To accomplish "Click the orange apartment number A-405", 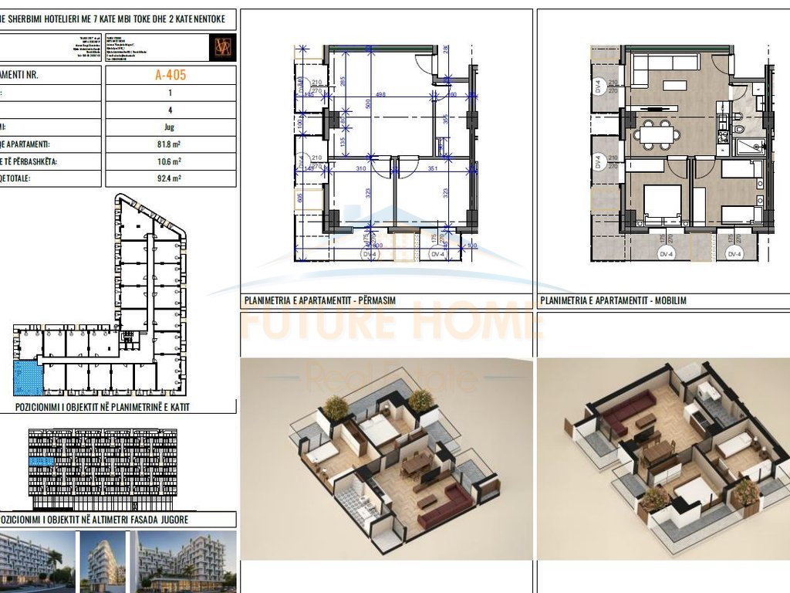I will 170,76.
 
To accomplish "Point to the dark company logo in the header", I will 222,48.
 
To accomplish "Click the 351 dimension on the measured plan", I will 432,168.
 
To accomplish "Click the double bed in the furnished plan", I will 662,202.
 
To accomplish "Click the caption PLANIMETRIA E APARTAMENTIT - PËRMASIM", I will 319,301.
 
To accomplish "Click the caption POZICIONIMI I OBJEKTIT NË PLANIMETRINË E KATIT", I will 103,406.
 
